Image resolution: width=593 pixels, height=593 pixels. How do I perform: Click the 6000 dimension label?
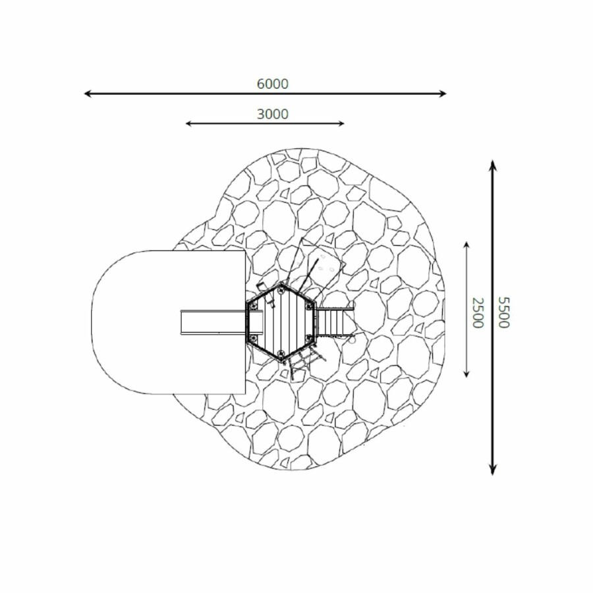[272, 84]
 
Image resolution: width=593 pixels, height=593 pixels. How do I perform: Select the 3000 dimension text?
[272, 114]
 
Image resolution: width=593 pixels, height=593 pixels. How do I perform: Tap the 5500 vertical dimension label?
[504, 312]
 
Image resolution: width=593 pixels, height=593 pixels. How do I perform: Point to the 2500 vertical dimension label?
[478, 312]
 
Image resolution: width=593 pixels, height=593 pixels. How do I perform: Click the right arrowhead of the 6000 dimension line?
[443, 94]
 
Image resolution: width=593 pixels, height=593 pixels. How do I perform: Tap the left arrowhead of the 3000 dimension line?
[188, 123]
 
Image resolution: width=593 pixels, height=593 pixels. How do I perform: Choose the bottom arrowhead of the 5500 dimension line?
[492, 470]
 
